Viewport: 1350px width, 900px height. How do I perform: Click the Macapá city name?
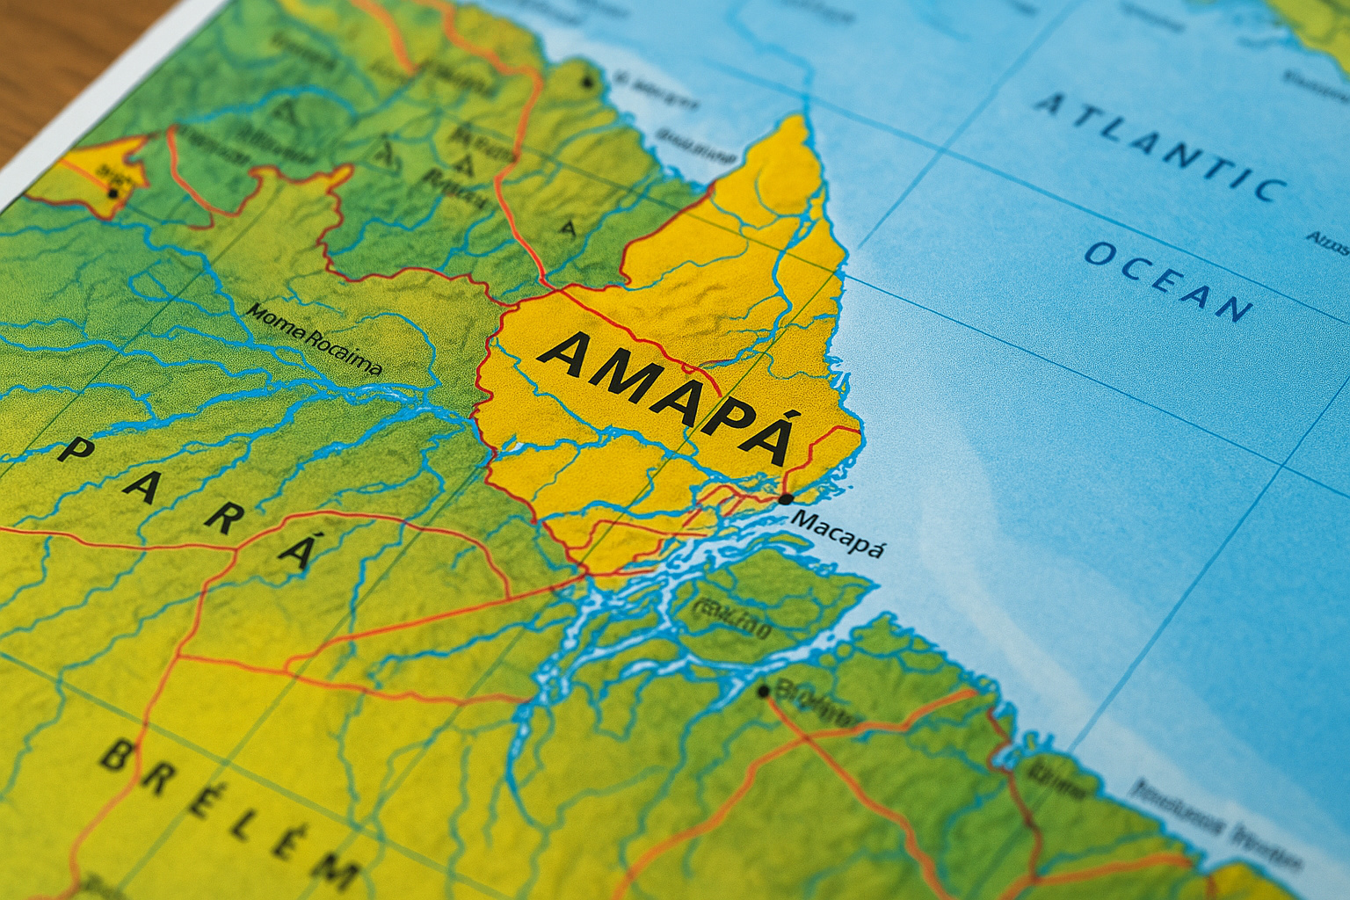pos(837,532)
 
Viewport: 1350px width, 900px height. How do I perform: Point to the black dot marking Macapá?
pos(785,499)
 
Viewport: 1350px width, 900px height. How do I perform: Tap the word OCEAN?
pos(1169,280)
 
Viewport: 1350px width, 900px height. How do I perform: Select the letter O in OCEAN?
pos(1100,254)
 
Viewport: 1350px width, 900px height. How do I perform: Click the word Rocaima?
pos(343,349)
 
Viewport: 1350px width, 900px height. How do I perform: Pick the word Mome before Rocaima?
pos(274,322)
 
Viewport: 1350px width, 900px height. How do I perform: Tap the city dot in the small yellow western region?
pos(112,192)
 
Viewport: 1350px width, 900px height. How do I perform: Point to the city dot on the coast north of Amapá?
pos(586,83)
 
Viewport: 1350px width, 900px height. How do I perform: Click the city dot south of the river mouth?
pos(764,692)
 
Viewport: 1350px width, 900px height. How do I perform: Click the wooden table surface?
pos(53,53)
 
